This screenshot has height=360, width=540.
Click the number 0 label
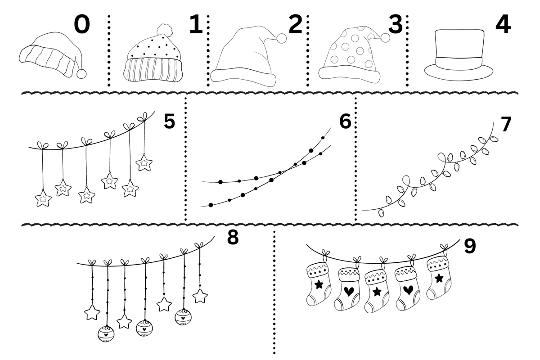[81, 25]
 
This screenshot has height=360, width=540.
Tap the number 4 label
[503, 25]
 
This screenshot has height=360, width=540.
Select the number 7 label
[506, 125]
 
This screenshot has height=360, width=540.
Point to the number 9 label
[469, 246]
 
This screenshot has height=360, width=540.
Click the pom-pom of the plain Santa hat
[282, 38]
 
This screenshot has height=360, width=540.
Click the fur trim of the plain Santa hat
[243, 76]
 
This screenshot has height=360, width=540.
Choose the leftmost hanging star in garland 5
[43, 198]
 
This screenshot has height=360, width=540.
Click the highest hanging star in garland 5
[144, 162]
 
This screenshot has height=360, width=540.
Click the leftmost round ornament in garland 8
[106, 334]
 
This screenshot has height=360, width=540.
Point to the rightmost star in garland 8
[200, 296]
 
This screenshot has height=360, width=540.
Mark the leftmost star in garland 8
[92, 312]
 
